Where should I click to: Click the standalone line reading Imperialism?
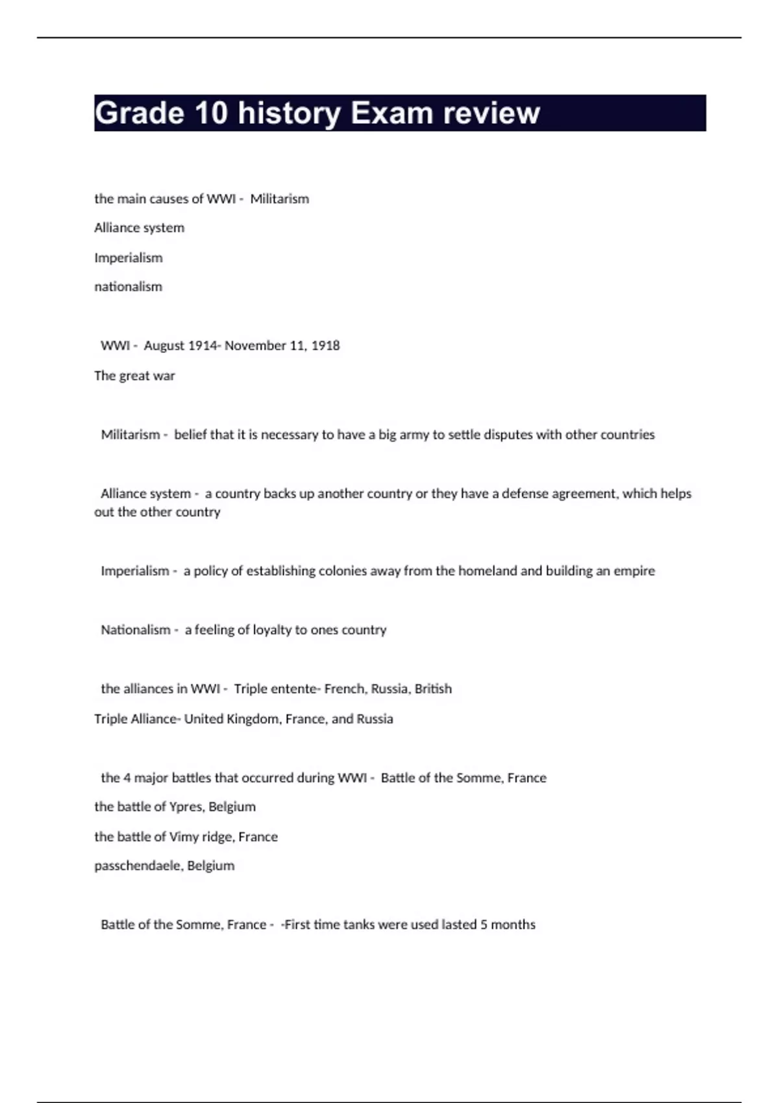(x=129, y=258)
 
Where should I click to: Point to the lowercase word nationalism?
(x=129, y=287)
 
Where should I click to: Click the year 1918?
(x=325, y=346)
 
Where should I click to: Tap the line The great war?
(x=134, y=376)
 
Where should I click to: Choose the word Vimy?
(x=184, y=837)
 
